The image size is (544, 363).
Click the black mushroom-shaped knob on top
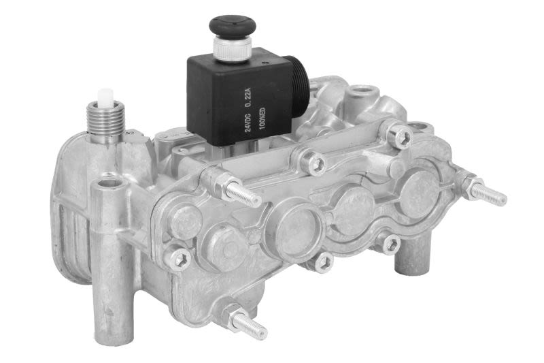[233, 27]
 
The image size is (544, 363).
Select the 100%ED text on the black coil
[262, 117]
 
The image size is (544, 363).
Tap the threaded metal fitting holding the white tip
[105, 120]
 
